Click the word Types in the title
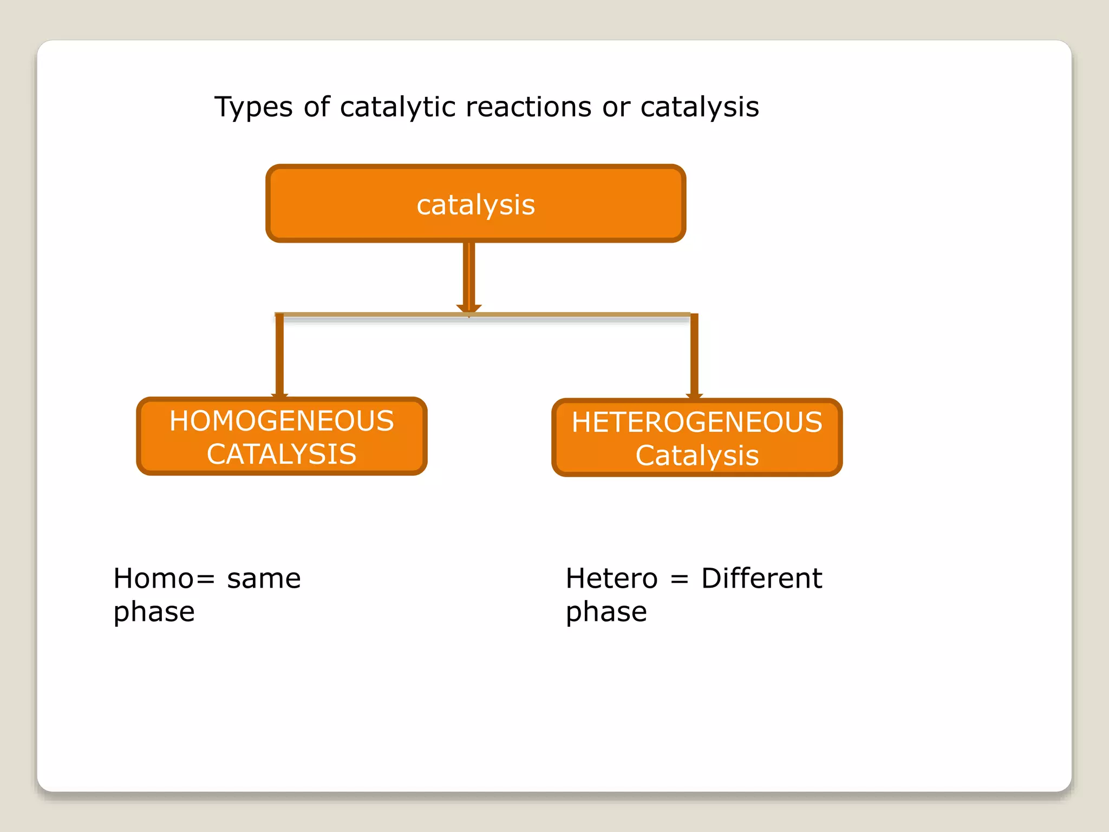click(x=253, y=108)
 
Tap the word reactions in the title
click(x=528, y=107)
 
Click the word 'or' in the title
click(x=616, y=107)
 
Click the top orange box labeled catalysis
click(x=475, y=204)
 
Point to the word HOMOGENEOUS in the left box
click(x=282, y=421)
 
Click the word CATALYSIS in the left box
click(x=282, y=454)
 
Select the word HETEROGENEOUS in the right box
click(x=697, y=422)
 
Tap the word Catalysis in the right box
click(x=697, y=456)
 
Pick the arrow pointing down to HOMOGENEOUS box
click(x=279, y=355)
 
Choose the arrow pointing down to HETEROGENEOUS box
click(x=694, y=355)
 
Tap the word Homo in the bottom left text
click(x=153, y=578)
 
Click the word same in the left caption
click(x=264, y=578)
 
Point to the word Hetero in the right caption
click(x=611, y=578)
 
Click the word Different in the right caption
click(x=761, y=578)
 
